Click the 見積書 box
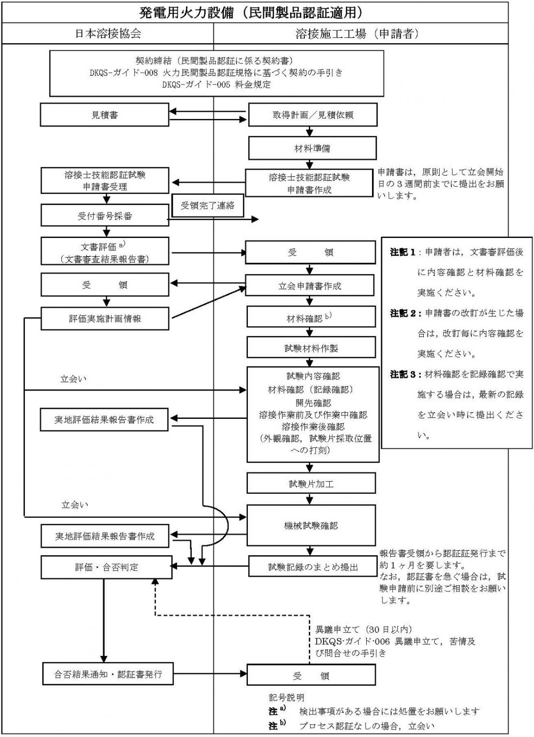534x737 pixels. (x=104, y=115)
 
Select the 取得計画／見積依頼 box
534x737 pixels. (x=312, y=116)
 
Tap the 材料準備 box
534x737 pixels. (x=312, y=148)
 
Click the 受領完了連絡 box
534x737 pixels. (x=208, y=206)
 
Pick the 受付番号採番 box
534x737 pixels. (x=104, y=216)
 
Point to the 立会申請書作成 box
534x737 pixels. (x=310, y=286)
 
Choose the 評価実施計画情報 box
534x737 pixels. (x=104, y=319)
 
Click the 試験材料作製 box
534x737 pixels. (x=311, y=348)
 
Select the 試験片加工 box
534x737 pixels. (x=311, y=484)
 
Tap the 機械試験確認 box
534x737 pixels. (x=311, y=525)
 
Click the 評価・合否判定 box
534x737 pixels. (x=106, y=567)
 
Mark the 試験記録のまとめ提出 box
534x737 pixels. (x=313, y=567)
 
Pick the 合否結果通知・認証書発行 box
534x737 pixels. (x=108, y=674)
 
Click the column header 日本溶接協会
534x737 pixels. (x=108, y=33)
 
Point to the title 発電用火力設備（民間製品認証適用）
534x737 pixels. (x=254, y=12)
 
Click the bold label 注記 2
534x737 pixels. (x=403, y=313)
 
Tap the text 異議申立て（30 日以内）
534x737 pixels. (x=364, y=629)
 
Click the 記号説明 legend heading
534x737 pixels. (x=286, y=697)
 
